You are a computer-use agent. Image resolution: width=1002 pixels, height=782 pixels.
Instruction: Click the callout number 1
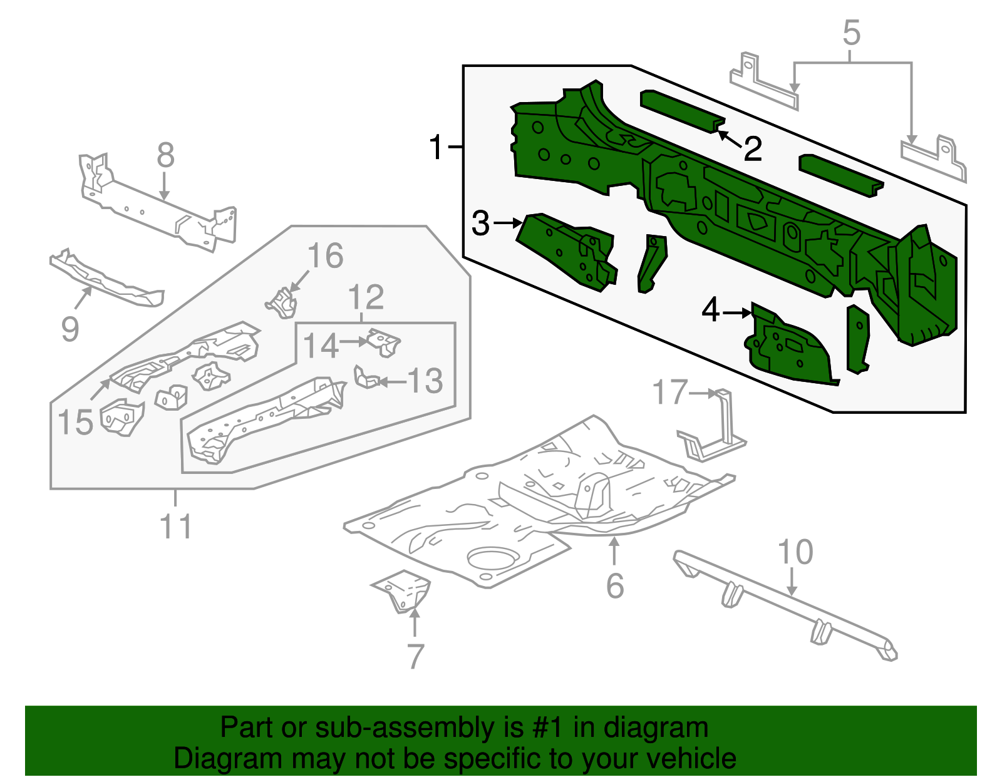coord(436,147)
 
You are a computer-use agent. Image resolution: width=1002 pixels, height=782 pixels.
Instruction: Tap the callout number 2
coord(752,149)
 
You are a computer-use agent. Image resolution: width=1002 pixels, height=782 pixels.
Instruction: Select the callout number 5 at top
coord(851,33)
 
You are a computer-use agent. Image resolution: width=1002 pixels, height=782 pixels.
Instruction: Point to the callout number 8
coord(165,155)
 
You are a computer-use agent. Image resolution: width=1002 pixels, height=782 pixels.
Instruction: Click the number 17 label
coord(669,393)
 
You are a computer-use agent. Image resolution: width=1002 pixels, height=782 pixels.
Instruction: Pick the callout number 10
coord(795,552)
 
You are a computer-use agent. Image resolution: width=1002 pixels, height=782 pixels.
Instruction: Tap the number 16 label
coord(326,256)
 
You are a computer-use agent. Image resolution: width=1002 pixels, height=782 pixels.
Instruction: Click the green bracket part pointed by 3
coord(567,250)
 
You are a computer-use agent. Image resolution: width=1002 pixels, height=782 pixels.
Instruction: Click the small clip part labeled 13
coord(366,378)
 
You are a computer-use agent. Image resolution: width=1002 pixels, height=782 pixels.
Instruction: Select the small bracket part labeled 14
coord(383,342)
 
